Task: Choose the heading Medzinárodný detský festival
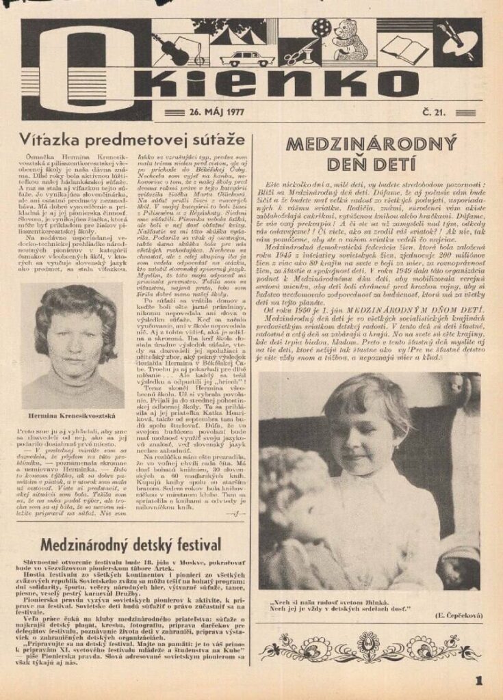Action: [x=131, y=545]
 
